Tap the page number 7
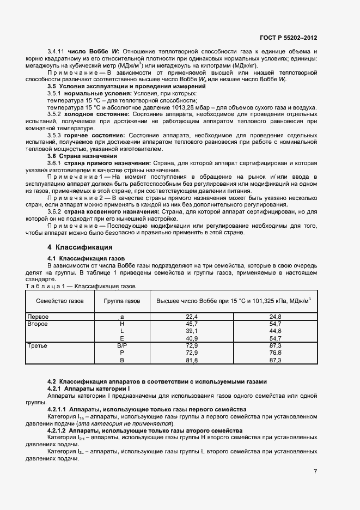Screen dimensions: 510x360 315,471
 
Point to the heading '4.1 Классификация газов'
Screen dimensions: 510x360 86,258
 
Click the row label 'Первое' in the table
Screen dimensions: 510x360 39,317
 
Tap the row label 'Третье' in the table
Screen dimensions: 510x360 38,346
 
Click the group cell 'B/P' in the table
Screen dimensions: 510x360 121,346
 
